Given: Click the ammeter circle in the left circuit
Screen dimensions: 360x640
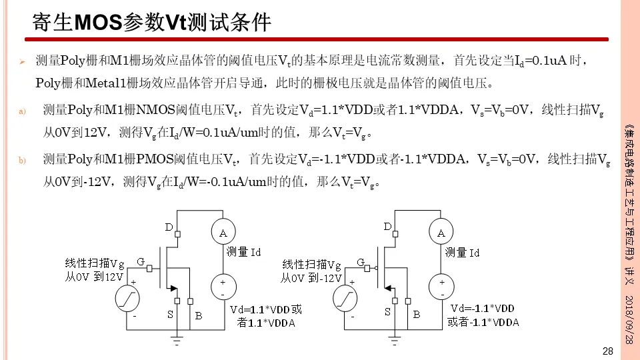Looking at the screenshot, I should [223, 232].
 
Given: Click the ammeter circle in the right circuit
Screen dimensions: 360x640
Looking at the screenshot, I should [441, 233].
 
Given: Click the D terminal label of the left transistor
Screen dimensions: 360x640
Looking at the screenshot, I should [169, 227].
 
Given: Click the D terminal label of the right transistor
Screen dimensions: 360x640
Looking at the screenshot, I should [387, 227].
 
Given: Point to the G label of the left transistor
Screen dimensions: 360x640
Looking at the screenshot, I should [141, 261].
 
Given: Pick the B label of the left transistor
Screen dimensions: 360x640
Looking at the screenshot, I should [198, 315].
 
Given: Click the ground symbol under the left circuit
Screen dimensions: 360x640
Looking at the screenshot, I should [177, 340].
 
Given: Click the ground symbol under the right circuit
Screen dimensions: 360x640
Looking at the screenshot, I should [395, 340].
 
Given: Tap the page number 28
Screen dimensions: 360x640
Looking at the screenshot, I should [607, 351].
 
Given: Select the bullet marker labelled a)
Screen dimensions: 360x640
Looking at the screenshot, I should [21, 111].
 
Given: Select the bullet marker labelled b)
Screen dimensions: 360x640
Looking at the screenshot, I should [21, 161].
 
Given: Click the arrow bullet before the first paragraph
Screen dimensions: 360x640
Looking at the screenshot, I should [21, 62].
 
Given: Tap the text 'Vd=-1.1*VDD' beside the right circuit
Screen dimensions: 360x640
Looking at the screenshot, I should [483, 309].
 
